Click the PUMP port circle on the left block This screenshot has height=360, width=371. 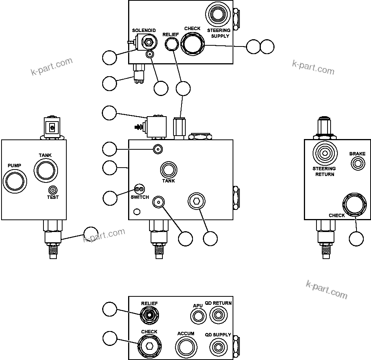click(x=14, y=180)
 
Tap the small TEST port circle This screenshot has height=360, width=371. click(x=53, y=190)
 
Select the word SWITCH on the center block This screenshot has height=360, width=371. click(x=140, y=197)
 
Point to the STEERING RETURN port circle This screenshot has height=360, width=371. click(x=324, y=154)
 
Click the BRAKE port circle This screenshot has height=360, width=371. click(x=357, y=164)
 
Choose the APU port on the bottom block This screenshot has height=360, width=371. click(x=198, y=316)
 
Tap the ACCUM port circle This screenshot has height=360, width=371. click(x=186, y=347)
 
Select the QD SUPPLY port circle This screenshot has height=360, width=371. click(x=218, y=347)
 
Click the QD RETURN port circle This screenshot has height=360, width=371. click(x=218, y=315)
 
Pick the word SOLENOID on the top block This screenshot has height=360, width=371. click(x=144, y=30)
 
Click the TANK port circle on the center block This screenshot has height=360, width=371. click(x=168, y=169)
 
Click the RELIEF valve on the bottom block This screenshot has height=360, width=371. click(x=149, y=315)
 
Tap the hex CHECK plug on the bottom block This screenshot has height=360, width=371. click(x=149, y=346)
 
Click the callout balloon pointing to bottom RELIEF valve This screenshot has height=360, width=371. click(x=110, y=310)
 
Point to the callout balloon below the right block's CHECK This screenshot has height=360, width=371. click(x=356, y=238)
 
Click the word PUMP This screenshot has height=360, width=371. click(x=14, y=166)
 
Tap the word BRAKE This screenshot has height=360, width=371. click(x=357, y=154)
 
